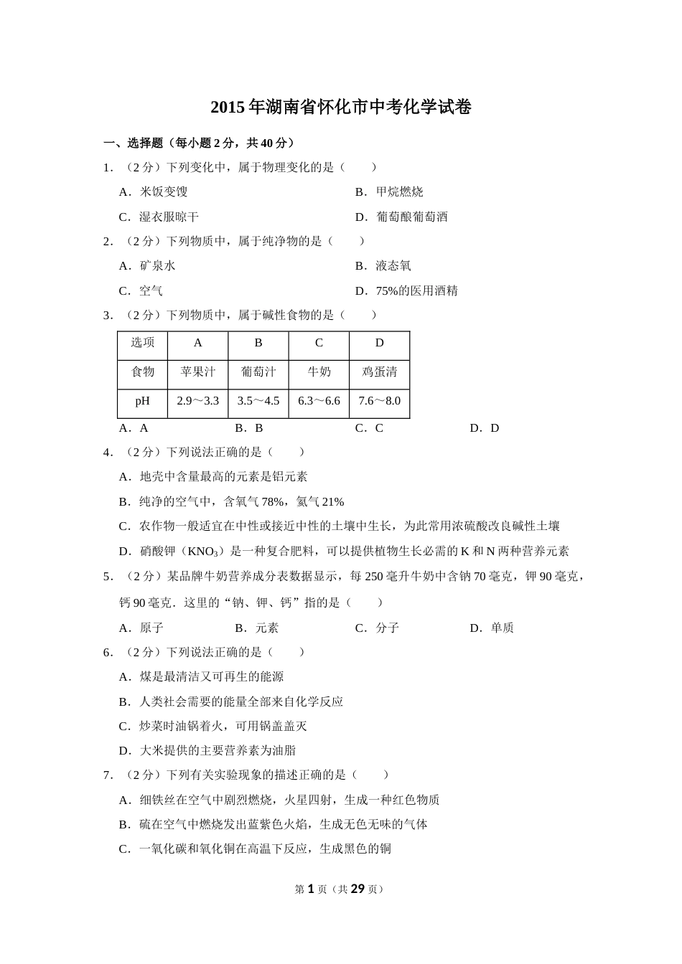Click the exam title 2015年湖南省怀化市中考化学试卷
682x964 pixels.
341,108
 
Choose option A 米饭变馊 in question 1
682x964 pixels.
154,192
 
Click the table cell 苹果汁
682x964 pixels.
197,372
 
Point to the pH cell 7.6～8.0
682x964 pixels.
379,401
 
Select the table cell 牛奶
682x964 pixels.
319,372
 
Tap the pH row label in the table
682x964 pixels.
142,401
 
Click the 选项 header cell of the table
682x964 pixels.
142,342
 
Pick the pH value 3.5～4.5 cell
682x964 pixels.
258,401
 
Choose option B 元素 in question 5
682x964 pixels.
257,628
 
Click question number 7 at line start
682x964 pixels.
108,775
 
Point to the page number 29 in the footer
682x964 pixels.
358,889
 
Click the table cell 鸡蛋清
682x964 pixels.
379,372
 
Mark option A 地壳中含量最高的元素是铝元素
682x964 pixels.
213,476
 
